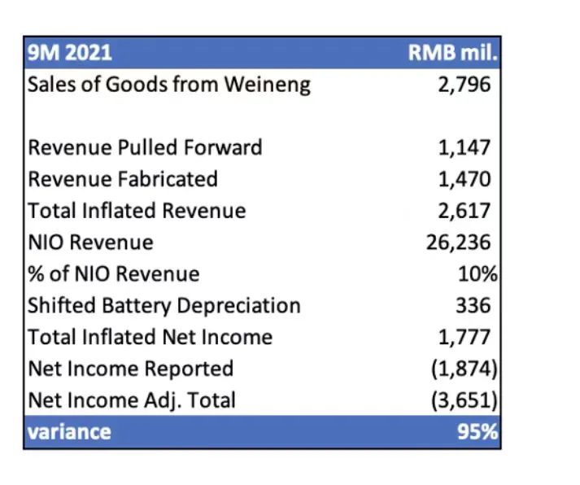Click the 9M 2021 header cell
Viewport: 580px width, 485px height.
click(x=70, y=53)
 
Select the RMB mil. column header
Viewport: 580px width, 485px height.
click(x=452, y=53)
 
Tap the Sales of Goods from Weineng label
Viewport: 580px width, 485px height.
click(x=169, y=84)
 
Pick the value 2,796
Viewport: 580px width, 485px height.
click(x=464, y=84)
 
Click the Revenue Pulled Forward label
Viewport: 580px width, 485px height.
click(x=145, y=147)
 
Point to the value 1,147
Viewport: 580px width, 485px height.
click(x=464, y=147)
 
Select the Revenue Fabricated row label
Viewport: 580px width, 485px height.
click(x=123, y=179)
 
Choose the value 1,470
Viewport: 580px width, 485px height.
click(x=464, y=179)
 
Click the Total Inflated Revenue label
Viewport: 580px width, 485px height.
click(x=137, y=211)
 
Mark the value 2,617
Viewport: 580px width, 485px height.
click(x=464, y=211)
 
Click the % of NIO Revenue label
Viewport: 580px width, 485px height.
click(x=113, y=274)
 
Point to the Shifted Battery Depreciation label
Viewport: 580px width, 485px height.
click(x=164, y=306)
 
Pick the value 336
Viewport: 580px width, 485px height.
click(x=473, y=306)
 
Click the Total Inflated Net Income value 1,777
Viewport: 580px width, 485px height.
click(x=464, y=337)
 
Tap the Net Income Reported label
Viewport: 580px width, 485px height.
click(x=130, y=369)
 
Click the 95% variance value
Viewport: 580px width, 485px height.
click(x=477, y=431)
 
